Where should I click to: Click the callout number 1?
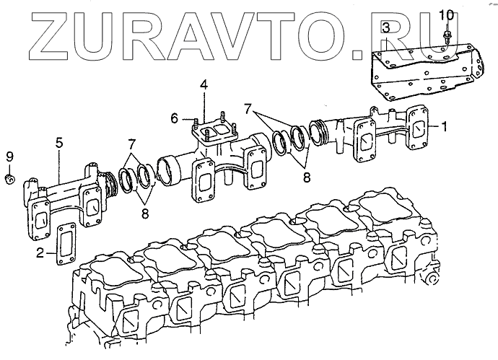tap(445, 126)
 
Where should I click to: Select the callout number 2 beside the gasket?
tap(40, 252)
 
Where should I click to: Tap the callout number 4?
tap(204, 85)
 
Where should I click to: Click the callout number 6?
tap(175, 117)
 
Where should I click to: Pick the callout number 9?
tap(9, 157)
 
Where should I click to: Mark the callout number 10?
tap(446, 14)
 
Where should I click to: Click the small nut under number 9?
tap(9, 177)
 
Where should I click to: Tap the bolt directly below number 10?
tap(447, 35)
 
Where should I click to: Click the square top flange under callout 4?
tap(211, 133)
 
